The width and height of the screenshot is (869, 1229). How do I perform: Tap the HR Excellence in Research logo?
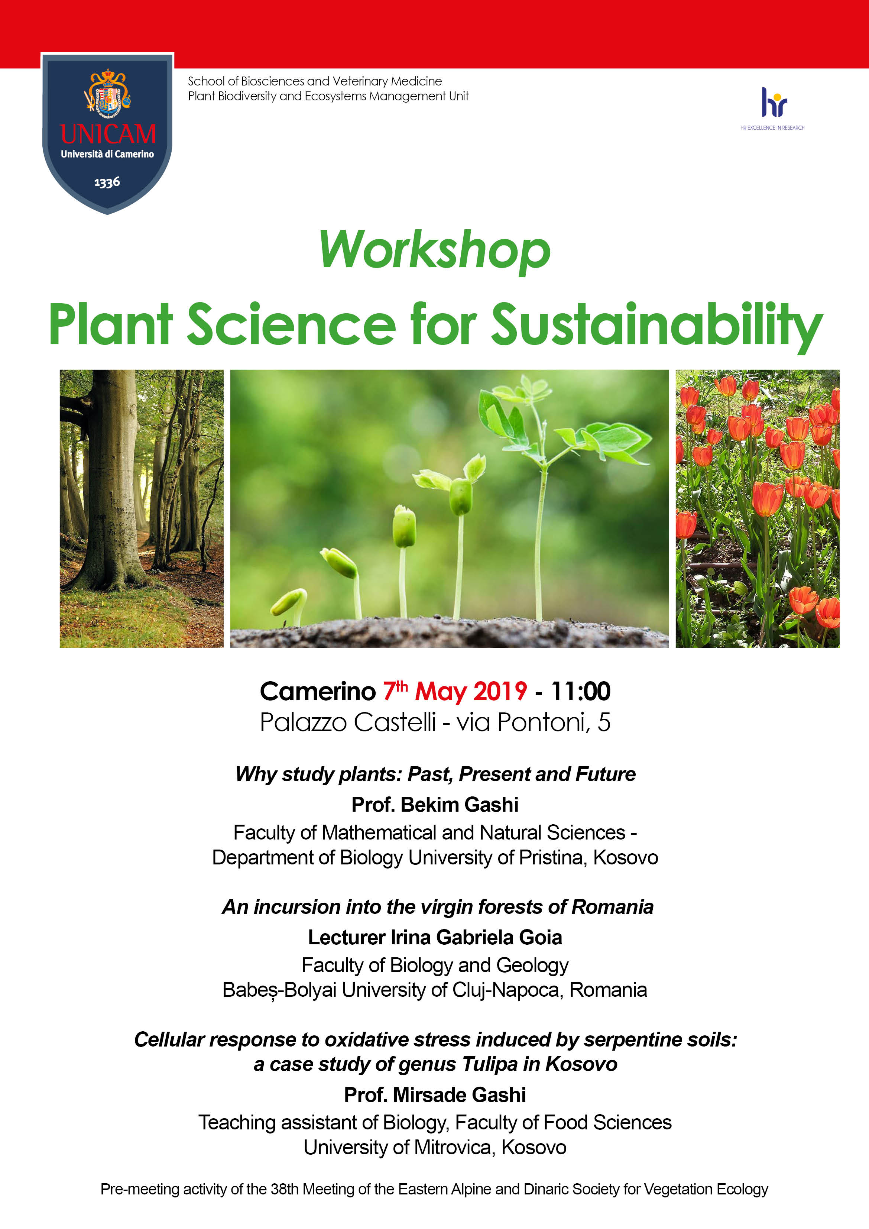pos(773,109)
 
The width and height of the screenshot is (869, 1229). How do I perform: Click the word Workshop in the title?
pos(435,250)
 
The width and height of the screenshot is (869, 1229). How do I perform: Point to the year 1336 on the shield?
pos(107,182)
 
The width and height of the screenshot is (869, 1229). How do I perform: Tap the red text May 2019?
pos(471,692)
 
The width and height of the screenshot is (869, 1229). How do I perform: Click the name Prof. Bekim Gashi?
pos(435,805)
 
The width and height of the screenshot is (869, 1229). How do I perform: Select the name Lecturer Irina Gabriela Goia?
pos(435,937)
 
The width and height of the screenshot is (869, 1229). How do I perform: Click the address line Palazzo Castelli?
pos(347,722)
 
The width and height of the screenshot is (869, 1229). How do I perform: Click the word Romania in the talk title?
pos(613,907)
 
